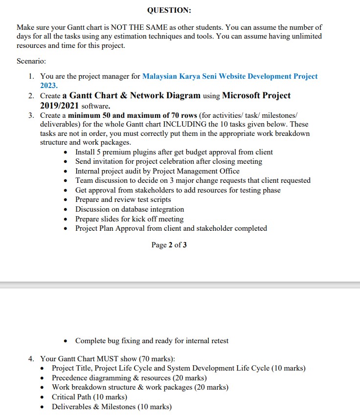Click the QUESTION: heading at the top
pyautogui.click(x=169, y=10)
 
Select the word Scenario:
pyautogui.click(x=31, y=61)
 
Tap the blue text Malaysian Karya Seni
pyautogui.click(x=179, y=76)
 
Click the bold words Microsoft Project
pyautogui.click(x=256, y=95)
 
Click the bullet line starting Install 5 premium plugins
pyautogui.click(x=174, y=152)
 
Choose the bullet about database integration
pyautogui.click(x=130, y=209)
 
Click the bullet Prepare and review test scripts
pyautogui.click(x=123, y=199)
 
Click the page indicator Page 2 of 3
pyautogui.click(x=169, y=245)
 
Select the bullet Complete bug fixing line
pyautogui.click(x=152, y=341)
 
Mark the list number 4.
pyautogui.click(x=31, y=359)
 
